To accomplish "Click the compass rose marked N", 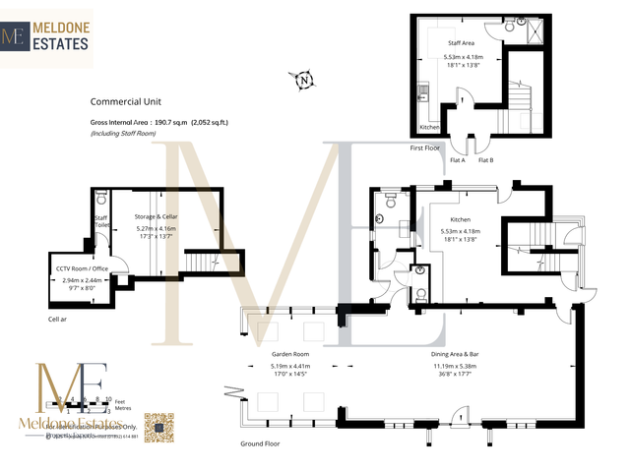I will point(305,80).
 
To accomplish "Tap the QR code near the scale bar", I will point(159,428).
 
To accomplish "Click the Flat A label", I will point(457,159).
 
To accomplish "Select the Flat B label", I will point(486,159).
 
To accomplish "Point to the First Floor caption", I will point(424,147).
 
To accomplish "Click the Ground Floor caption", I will point(260,443).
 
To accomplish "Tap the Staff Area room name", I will point(462,43).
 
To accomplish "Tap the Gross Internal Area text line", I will point(158,122).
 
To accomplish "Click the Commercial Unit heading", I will point(125,101).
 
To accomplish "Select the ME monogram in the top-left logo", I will point(15,37).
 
